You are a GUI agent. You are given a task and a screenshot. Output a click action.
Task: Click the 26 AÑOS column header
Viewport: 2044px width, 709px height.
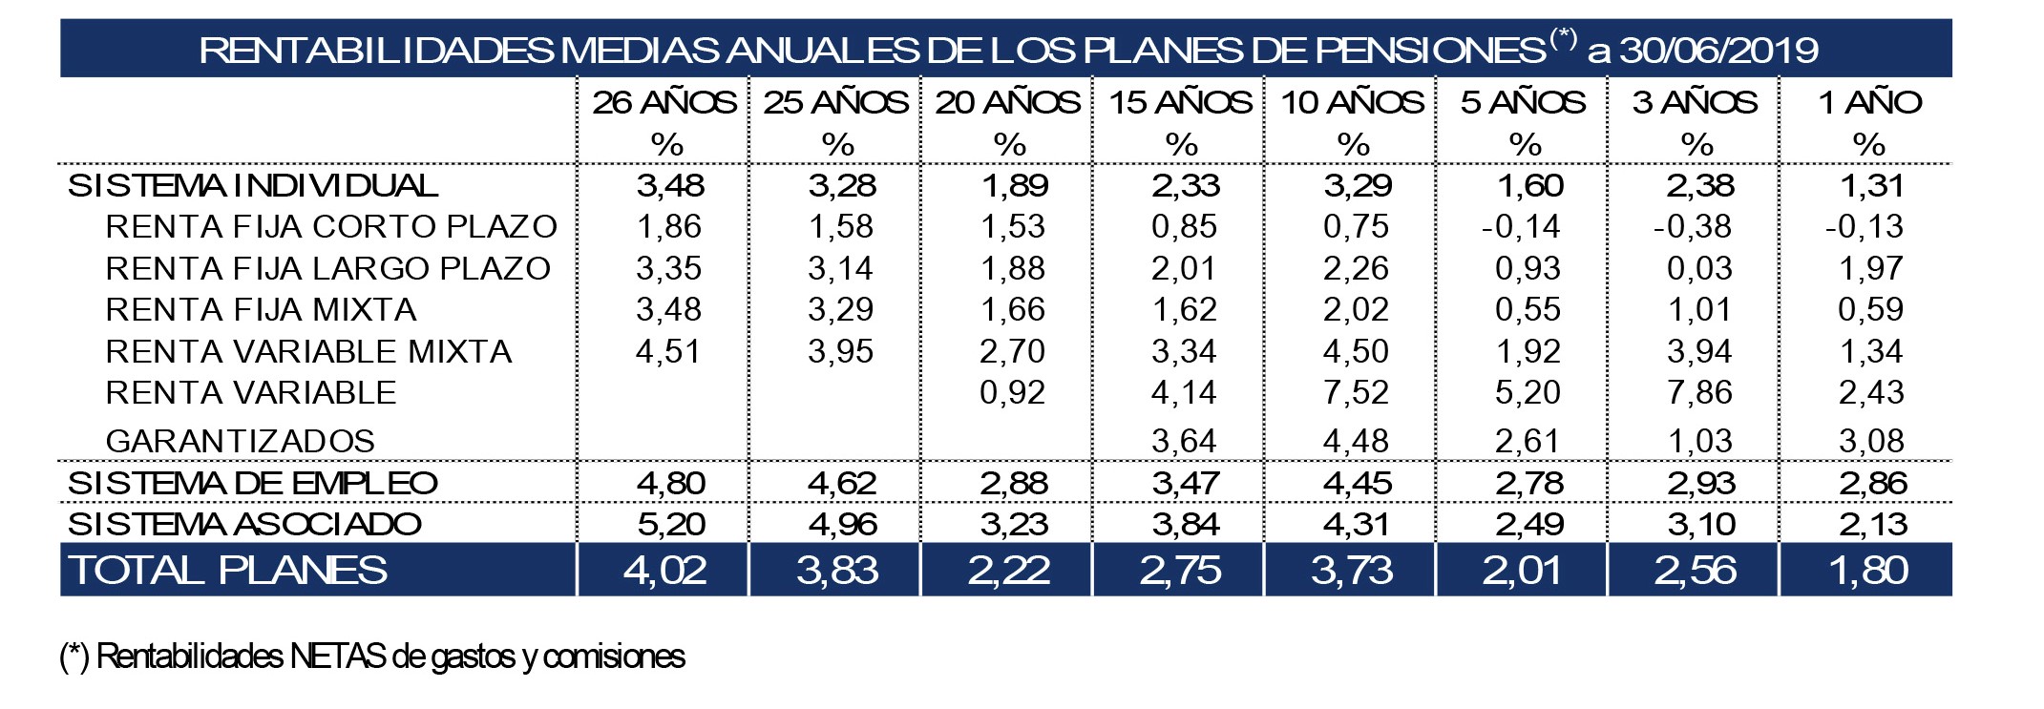(664, 102)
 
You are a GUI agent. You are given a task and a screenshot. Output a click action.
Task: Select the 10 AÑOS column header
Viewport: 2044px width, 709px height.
(1352, 102)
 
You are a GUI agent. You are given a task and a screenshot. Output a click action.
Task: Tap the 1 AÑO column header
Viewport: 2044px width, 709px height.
(1869, 102)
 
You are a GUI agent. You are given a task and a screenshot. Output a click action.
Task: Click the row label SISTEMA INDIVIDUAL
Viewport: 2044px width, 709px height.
(253, 185)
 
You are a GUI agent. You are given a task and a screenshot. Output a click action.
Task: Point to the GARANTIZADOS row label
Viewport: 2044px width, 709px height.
(240, 441)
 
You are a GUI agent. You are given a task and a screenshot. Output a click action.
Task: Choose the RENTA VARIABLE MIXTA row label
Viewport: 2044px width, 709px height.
(308, 351)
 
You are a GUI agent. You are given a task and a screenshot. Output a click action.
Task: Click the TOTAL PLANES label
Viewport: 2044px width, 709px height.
(228, 570)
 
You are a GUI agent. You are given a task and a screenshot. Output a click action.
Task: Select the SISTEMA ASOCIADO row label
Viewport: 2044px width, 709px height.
(244, 524)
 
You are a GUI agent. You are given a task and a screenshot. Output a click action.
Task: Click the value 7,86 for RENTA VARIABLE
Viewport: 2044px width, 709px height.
(1699, 392)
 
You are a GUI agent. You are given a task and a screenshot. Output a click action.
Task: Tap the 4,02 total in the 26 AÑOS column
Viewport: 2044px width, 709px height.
(665, 570)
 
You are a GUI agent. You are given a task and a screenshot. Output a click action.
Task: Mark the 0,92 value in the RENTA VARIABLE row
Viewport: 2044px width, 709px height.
(1012, 392)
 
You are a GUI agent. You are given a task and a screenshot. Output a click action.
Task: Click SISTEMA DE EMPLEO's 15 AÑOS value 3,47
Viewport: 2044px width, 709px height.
(1185, 483)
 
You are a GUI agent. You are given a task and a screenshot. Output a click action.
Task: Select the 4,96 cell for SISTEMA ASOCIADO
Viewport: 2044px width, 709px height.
(841, 524)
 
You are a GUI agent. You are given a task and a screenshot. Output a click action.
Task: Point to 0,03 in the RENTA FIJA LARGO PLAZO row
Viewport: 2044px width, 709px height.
(1699, 268)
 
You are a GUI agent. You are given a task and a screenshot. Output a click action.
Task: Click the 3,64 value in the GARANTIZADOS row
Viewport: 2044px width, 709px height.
(1184, 441)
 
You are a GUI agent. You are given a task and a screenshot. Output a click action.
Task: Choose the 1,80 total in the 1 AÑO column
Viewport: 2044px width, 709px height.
(1868, 570)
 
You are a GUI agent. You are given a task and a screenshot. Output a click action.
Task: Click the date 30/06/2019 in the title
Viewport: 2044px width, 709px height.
(1718, 50)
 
